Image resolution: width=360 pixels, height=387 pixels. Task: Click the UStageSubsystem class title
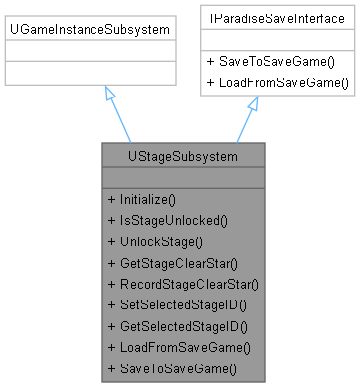pyautogui.click(x=183, y=156)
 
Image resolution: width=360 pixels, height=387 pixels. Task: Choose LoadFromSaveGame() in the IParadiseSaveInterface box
pyautogui.click(x=277, y=81)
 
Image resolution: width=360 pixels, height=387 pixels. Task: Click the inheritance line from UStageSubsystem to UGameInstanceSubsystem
pyautogui.click(x=120, y=122)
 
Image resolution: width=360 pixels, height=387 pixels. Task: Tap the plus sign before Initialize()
pyautogui.click(x=111, y=199)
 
